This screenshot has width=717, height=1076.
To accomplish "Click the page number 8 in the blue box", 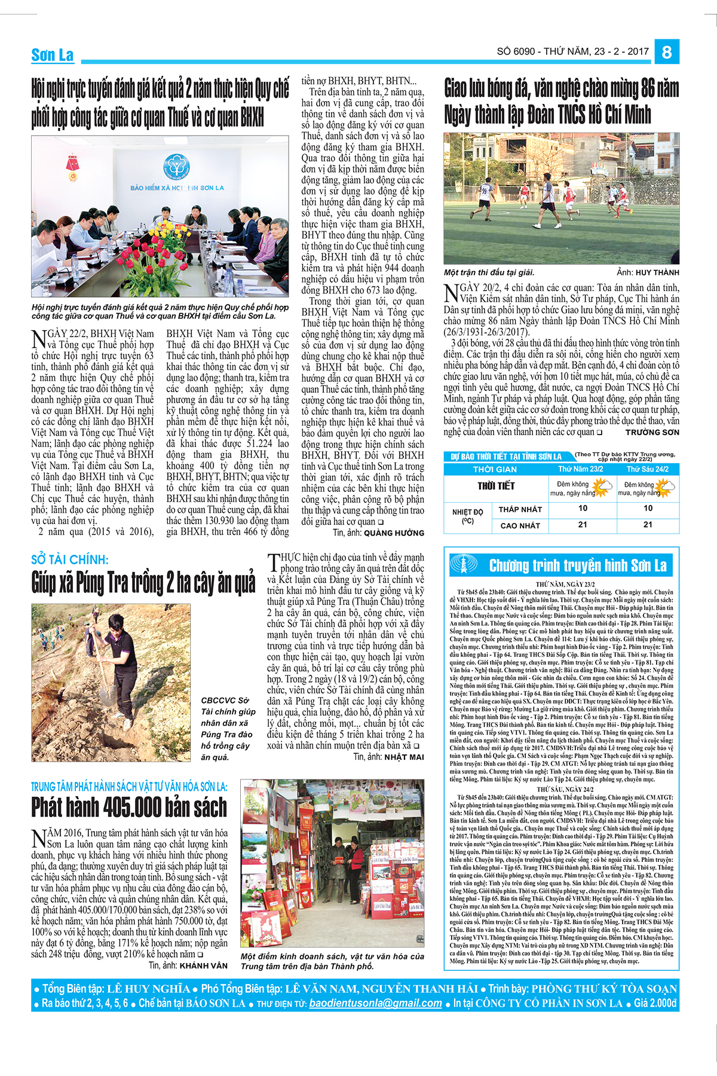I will [667, 52].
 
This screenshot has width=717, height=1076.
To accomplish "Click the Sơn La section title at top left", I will [53, 55].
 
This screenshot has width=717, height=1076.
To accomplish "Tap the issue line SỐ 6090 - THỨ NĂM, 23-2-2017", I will [572, 51].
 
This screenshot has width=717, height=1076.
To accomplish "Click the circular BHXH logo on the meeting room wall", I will [176, 167].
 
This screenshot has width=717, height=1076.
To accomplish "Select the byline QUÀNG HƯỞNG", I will [394, 533].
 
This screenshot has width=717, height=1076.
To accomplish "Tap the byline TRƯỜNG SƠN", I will [652, 432].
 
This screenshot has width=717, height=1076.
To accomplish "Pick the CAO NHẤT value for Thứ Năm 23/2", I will [583, 525].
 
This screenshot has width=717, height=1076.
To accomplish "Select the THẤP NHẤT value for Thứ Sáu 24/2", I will [648, 508].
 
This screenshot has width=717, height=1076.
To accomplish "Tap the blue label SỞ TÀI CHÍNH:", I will [70, 560].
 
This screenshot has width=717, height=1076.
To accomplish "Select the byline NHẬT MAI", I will [404, 757].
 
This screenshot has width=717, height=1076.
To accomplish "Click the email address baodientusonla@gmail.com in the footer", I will [375, 1004].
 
